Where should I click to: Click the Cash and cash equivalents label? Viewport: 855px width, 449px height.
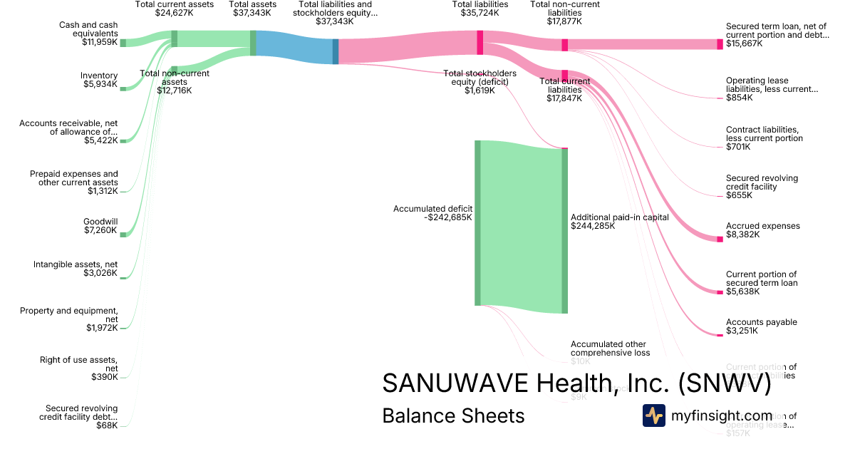tap(88, 30)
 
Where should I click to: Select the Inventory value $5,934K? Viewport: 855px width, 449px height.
tap(100, 85)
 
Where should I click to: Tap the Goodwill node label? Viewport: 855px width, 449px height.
tap(100, 221)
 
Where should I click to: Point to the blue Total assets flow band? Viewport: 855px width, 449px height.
tap(294, 47)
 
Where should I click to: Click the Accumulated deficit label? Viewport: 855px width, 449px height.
tap(432, 209)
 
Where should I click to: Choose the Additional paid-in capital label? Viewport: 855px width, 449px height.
tap(619, 217)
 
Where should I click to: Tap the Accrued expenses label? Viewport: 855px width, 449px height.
tap(762, 226)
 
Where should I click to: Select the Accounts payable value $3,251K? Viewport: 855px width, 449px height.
tap(742, 331)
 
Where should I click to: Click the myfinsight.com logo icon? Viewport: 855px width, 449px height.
tap(653, 416)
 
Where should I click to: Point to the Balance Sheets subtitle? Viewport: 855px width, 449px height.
tap(453, 416)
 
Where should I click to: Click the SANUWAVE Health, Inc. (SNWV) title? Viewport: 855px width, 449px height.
tap(576, 383)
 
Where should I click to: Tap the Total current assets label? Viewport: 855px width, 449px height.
tap(174, 5)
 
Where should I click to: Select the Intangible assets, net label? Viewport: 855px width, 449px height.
tap(76, 264)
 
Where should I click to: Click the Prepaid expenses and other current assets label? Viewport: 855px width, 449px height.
tap(74, 178)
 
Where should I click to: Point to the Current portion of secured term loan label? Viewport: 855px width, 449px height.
tap(761, 279)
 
